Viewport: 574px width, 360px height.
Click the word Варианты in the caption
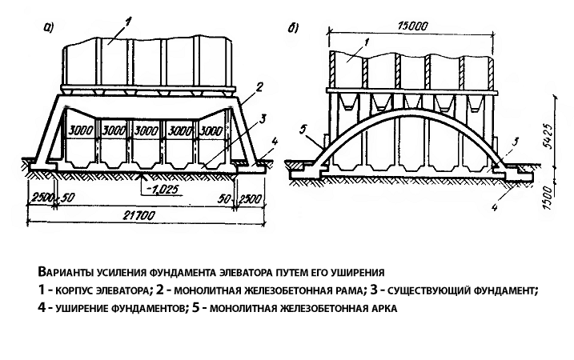(x=63, y=272)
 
